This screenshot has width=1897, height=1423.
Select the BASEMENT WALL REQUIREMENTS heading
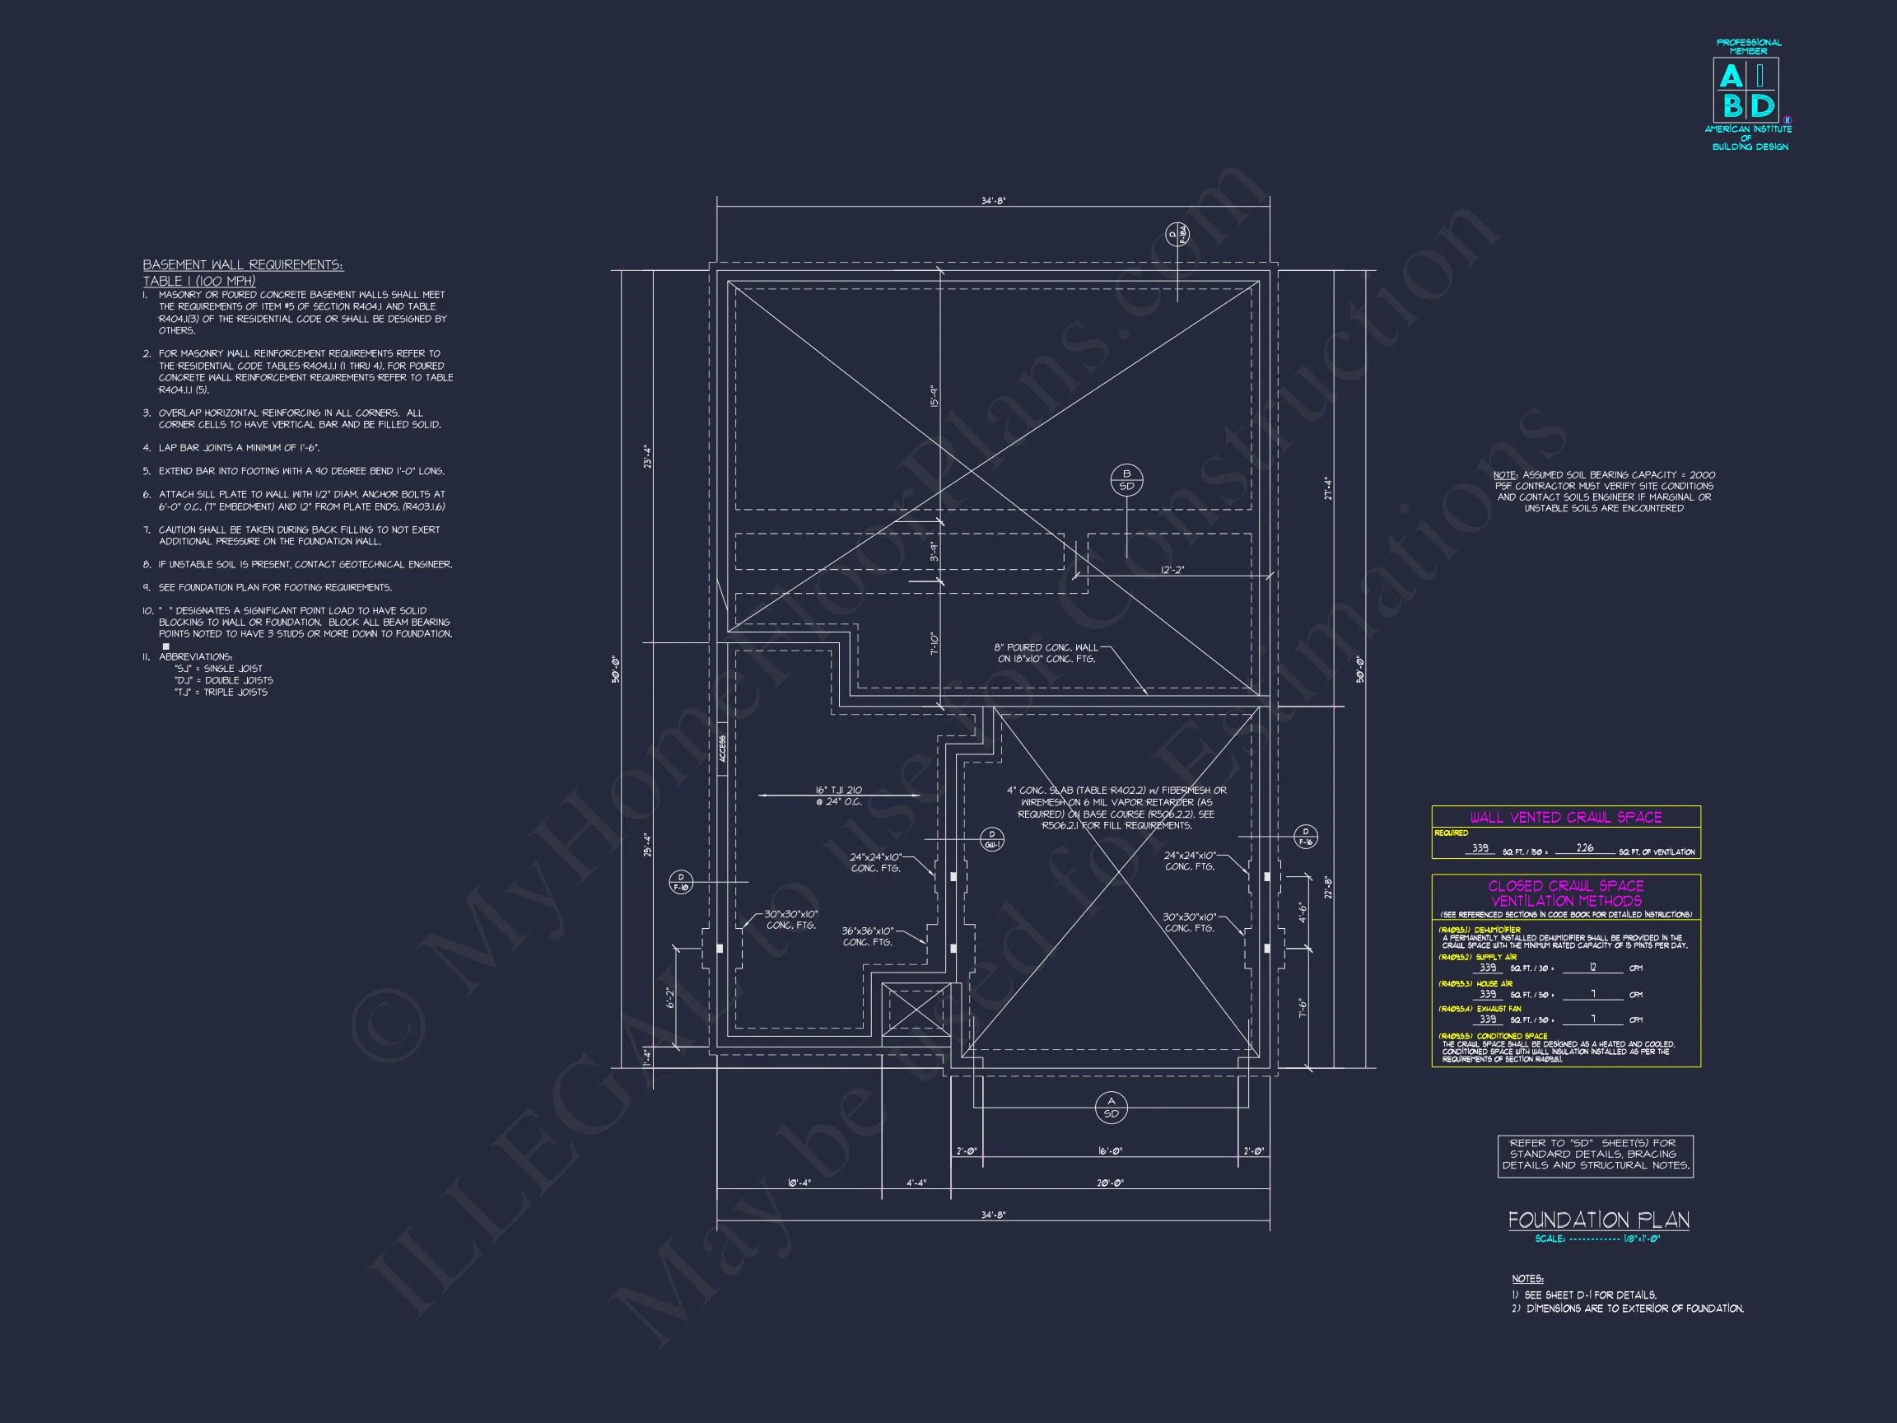point(243,265)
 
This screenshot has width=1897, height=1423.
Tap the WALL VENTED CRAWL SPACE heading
point(1565,818)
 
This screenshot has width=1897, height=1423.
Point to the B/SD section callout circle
point(1126,479)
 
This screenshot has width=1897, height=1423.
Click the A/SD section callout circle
point(1111,1108)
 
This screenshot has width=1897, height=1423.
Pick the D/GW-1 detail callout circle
point(991,839)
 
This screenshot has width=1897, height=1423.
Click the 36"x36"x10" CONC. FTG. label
point(867,936)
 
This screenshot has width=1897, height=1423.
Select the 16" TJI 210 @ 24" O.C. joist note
point(839,796)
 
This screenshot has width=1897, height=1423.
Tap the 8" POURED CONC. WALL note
point(1046,653)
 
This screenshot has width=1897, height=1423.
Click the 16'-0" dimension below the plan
point(1110,1151)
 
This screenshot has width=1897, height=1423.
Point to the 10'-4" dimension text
point(799,1183)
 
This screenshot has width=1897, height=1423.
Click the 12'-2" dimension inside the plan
point(1172,571)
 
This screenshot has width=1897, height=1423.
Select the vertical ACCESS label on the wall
point(723,749)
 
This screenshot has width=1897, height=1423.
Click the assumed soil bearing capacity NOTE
point(1604,492)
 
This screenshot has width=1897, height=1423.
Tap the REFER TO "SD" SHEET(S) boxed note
point(1595,1155)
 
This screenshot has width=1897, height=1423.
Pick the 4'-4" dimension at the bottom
point(916,1183)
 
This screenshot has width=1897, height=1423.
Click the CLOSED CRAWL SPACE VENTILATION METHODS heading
point(1565,893)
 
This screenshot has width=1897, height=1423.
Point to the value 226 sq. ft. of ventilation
point(1585,848)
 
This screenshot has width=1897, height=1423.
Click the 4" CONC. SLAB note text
point(1116,808)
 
